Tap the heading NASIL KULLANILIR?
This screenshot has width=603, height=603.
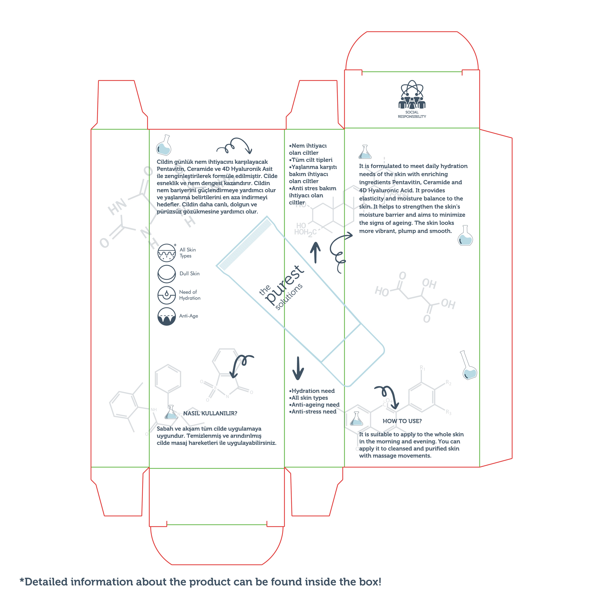point(210,413)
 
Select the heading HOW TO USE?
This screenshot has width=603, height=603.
point(402,421)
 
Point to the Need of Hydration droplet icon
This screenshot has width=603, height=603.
point(167,295)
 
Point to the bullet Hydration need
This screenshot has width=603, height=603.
point(312,391)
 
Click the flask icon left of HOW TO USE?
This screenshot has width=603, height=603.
point(356,418)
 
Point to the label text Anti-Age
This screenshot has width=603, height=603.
point(188,316)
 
